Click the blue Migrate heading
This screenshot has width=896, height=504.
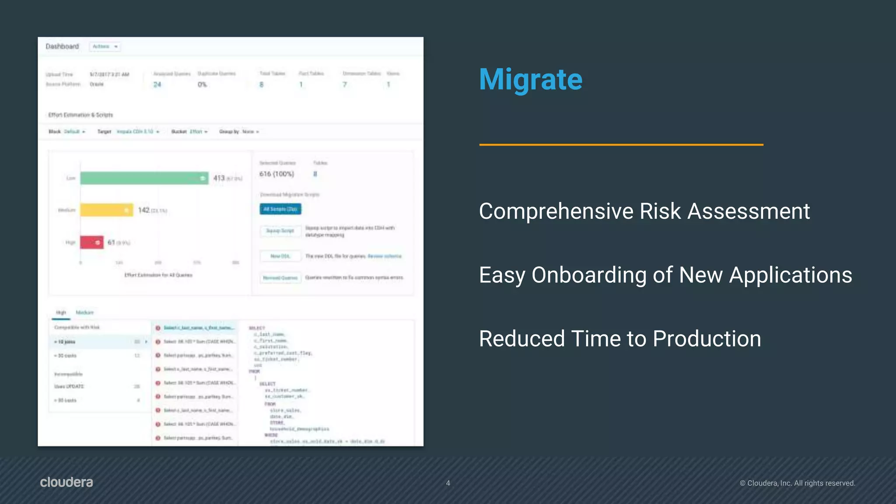[530, 80]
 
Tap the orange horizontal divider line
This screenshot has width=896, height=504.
[621, 144]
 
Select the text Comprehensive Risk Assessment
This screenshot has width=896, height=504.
[644, 211]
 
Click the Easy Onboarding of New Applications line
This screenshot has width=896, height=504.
[665, 275]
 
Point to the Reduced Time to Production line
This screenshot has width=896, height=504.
[619, 339]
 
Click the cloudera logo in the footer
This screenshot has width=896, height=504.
[66, 482]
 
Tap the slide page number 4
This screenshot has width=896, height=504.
[448, 483]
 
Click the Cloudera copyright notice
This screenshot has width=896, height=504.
[797, 483]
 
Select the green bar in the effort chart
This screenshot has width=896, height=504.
[144, 178]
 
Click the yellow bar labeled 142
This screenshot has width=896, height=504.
[106, 210]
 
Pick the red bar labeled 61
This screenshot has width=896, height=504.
[91, 242]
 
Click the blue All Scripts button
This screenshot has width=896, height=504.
[280, 209]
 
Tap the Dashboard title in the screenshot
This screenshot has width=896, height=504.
[62, 46]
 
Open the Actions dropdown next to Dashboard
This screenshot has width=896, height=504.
[105, 46]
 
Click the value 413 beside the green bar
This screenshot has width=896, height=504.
[219, 178]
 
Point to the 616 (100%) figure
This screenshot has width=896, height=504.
[276, 174]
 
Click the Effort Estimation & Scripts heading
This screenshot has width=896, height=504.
[80, 115]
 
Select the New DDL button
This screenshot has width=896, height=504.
[280, 256]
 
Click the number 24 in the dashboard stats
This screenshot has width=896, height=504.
[157, 84]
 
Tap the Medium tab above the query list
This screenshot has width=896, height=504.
[84, 312]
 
